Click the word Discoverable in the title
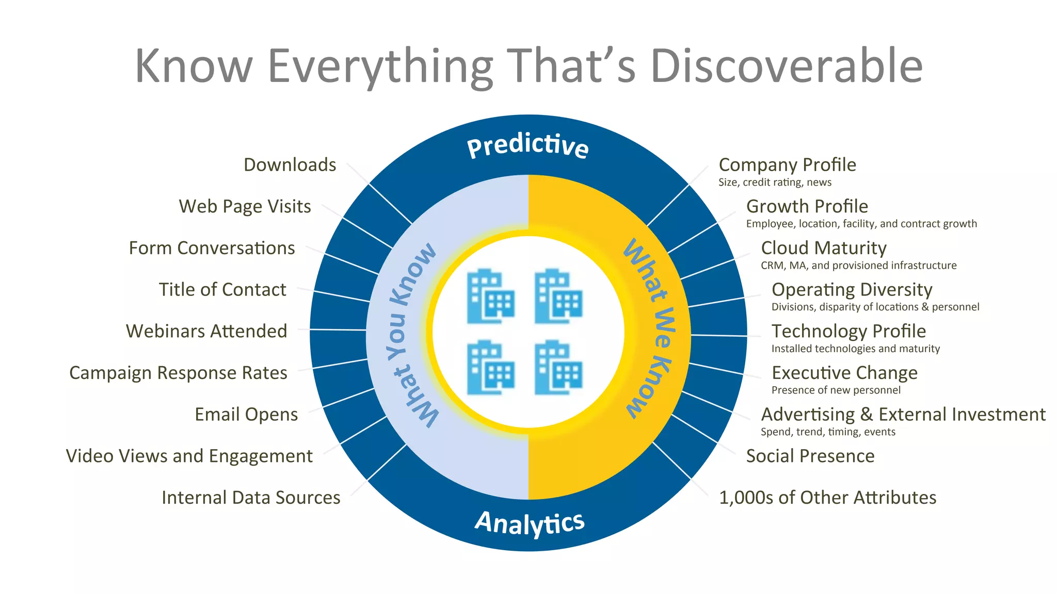click(787, 66)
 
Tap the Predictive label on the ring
click(527, 146)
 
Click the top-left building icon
click(490, 296)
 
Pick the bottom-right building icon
click(558, 367)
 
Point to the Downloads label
click(290, 165)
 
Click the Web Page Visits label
click(245, 206)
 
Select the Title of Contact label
click(222, 290)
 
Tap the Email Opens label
click(246, 415)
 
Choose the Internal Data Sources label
click(251, 498)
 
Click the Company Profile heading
click(787, 165)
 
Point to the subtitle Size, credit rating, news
click(775, 183)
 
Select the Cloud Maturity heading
click(824, 248)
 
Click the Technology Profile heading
click(848, 331)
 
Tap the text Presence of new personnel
click(836, 390)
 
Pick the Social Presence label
click(810, 456)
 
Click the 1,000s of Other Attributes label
click(827, 498)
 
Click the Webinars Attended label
click(206, 331)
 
